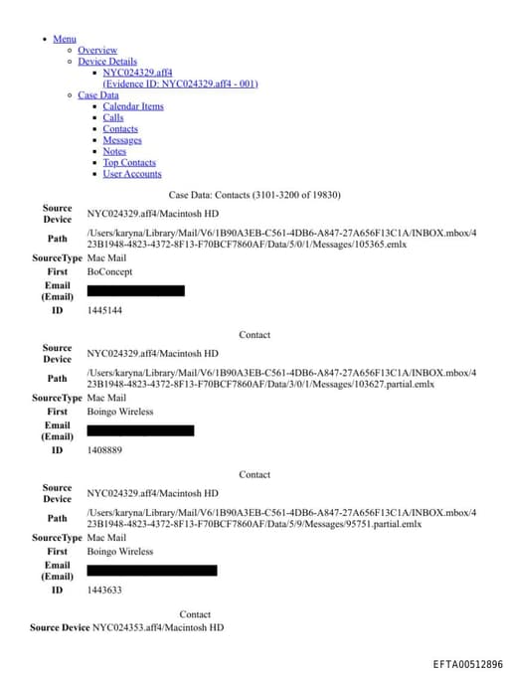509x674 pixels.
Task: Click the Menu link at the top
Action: pos(65,39)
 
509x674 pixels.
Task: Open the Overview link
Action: pos(97,50)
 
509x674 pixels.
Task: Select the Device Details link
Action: pos(107,62)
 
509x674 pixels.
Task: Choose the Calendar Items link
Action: pos(133,106)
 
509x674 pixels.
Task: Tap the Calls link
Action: pos(113,117)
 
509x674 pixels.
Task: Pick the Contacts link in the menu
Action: pos(120,129)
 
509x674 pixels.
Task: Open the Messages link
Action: pos(122,140)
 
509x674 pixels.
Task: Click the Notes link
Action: pos(114,151)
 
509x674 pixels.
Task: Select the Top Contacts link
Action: pos(129,162)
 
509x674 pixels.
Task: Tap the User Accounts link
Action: pos(132,174)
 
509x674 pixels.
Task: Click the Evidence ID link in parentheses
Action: pos(180,84)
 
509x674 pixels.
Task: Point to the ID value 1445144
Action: pos(104,310)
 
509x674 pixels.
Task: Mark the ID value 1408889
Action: pos(104,450)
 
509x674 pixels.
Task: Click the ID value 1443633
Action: pos(104,590)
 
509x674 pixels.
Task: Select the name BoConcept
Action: pos(109,271)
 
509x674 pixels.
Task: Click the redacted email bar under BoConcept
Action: pos(136,290)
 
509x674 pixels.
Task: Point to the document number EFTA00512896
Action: pos(467,663)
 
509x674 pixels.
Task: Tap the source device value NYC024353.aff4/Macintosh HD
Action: pos(158,628)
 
